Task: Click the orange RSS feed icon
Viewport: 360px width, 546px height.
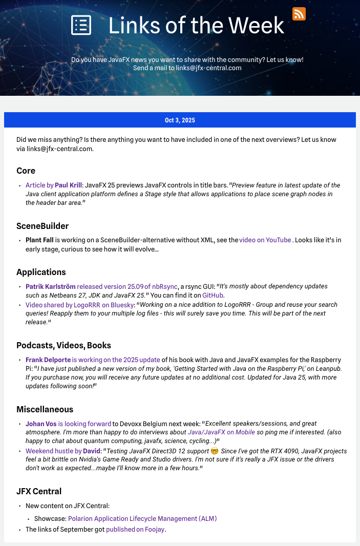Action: [299, 14]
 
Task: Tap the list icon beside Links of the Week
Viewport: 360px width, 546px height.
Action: [81, 25]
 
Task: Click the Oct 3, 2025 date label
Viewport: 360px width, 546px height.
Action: [180, 120]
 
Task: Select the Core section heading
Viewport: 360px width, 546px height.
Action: [26, 171]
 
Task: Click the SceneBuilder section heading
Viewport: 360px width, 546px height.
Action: [43, 226]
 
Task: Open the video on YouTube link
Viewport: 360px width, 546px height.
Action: [265, 240]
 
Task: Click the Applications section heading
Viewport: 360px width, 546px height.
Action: [41, 272]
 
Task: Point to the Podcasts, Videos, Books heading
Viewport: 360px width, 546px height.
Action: [63, 345]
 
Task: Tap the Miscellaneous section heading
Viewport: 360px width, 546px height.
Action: [45, 409]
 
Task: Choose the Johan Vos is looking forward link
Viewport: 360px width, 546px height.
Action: [68, 424]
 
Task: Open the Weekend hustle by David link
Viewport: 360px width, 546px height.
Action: [63, 451]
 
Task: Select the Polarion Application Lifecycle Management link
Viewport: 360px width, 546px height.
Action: [142, 519]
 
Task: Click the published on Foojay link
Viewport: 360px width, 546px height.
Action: [135, 530]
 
